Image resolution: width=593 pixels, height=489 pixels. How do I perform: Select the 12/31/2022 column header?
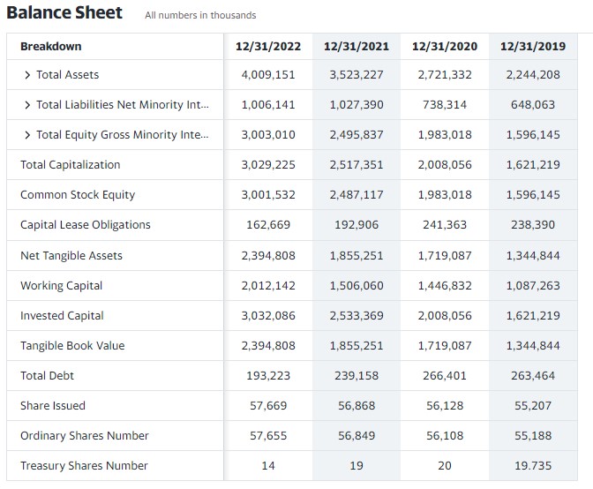pos(268,46)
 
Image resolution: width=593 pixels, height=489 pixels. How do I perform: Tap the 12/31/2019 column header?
pos(532,46)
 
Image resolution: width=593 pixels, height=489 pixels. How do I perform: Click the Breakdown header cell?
pos(51,46)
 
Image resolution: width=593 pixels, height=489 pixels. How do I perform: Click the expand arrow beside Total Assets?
pos(28,75)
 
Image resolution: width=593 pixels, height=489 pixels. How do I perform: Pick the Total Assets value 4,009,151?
pos(268,75)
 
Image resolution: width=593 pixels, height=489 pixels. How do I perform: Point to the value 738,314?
pos(445,105)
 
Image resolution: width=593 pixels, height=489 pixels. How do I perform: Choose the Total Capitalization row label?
pos(71,165)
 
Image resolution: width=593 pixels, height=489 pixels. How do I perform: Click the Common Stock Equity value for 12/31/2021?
pos(357,195)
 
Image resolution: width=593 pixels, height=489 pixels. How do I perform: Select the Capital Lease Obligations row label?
pos(86,225)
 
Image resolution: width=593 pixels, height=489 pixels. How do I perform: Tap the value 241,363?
pos(445,225)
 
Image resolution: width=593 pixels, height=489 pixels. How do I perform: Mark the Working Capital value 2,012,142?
pos(268,286)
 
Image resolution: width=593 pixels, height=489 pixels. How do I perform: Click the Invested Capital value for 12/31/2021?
pos(357,316)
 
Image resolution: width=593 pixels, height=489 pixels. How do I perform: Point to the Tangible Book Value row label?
pos(72,346)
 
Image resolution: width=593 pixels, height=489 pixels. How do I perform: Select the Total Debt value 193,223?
pos(268,376)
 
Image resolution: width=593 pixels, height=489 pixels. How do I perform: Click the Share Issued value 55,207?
pos(532,406)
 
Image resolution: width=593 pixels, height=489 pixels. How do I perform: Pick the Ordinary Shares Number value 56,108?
pos(445,436)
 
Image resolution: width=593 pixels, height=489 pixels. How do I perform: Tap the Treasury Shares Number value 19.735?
pos(532,466)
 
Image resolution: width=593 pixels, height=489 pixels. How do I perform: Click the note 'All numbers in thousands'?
pos(200,15)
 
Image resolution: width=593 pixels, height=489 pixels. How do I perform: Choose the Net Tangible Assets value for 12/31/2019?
pos(532,256)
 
